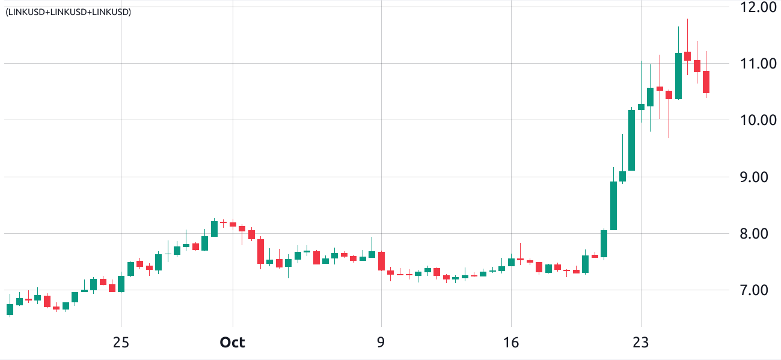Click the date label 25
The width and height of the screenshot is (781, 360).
click(x=121, y=343)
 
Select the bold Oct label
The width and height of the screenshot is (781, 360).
click(x=232, y=343)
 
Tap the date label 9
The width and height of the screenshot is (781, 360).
click(x=381, y=343)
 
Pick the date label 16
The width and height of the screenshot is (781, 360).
click(x=511, y=343)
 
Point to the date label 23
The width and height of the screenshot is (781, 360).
click(x=641, y=343)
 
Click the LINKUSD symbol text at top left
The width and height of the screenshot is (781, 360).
click(x=68, y=11)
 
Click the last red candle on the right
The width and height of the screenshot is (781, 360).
click(x=706, y=82)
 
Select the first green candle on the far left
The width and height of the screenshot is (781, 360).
click(x=10, y=310)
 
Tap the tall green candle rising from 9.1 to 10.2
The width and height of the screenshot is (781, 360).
click(x=632, y=140)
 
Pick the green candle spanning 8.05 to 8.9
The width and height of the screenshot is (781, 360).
click(x=613, y=206)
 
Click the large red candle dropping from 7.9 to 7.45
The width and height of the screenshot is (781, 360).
click(x=260, y=251)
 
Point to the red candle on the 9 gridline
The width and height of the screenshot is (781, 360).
click(x=381, y=261)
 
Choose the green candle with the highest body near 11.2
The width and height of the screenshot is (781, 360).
click(x=678, y=76)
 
